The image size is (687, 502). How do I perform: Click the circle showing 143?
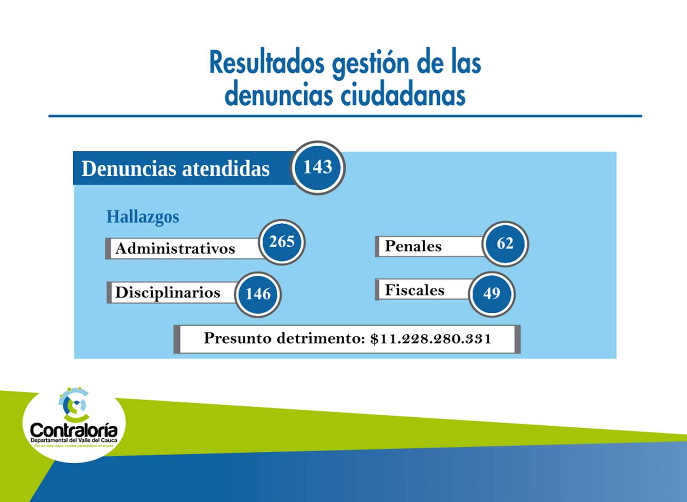pyautogui.click(x=318, y=168)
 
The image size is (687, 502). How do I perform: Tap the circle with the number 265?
pyautogui.click(x=282, y=242)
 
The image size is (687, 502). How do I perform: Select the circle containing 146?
pyautogui.click(x=258, y=294)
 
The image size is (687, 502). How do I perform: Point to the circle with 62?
pyautogui.click(x=505, y=244)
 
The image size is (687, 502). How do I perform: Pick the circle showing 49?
pyautogui.click(x=492, y=293)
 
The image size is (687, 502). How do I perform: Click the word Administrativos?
pyautogui.click(x=175, y=249)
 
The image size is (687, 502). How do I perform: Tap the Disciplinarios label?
pyautogui.click(x=168, y=292)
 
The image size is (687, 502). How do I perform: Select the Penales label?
pyautogui.click(x=413, y=246)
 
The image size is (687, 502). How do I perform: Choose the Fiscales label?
pyautogui.click(x=415, y=290)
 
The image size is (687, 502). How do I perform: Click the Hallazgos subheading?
pyautogui.click(x=143, y=217)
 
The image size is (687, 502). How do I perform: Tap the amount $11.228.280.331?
pyautogui.click(x=430, y=339)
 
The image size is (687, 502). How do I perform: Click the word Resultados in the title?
pyautogui.click(x=267, y=63)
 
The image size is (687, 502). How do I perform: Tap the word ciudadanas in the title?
pyautogui.click(x=403, y=95)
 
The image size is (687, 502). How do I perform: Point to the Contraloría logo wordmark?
pyautogui.click(x=74, y=430)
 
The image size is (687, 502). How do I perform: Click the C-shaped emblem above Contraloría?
pyautogui.click(x=74, y=405)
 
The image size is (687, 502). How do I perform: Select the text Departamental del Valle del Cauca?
pyautogui.click(x=74, y=440)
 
